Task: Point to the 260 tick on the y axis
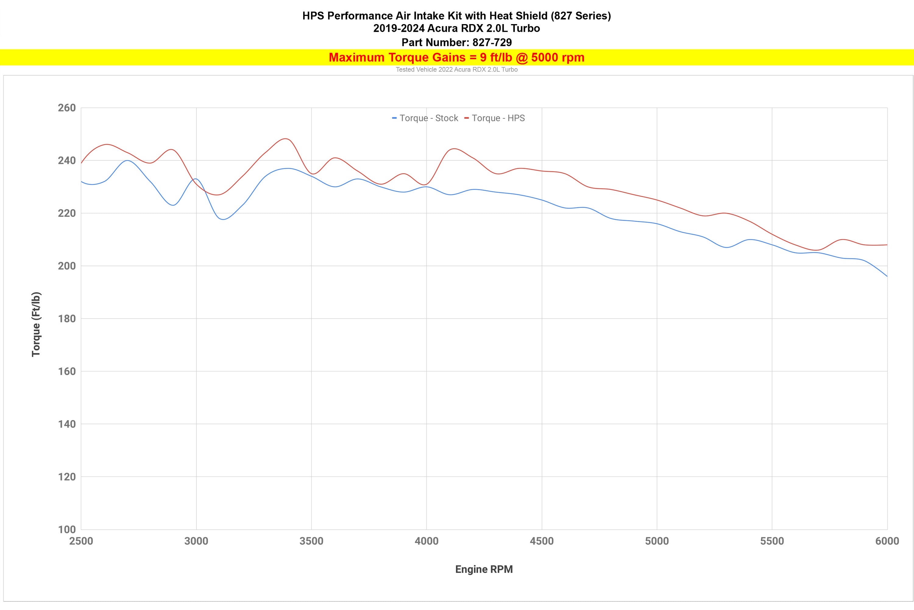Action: pos(66,108)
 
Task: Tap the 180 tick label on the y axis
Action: pos(66,319)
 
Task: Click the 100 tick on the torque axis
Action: pos(66,529)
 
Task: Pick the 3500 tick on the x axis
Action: pos(311,541)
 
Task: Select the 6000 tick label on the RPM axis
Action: pos(887,541)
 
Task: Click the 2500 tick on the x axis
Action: pos(81,541)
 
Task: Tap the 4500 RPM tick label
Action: pos(542,541)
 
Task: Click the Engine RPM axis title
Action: pos(484,569)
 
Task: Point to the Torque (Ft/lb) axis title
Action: pos(36,324)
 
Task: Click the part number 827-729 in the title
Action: pos(492,42)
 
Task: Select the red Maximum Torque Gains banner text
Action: pos(457,58)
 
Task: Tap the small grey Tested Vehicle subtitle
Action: pos(457,70)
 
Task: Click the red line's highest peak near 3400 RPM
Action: pos(286,138)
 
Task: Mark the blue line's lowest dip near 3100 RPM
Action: pos(223,219)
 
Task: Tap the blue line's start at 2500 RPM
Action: pos(82,181)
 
